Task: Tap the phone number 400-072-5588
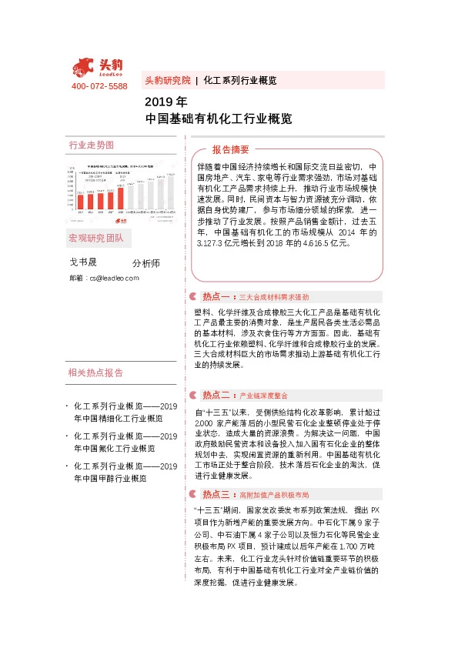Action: pyautogui.click(x=99, y=87)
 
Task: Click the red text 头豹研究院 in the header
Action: pyautogui.click(x=167, y=80)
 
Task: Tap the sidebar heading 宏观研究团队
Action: pyautogui.click(x=96, y=236)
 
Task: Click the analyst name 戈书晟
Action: pyautogui.click(x=84, y=262)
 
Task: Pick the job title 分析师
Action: pyautogui.click(x=145, y=263)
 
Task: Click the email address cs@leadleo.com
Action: pyautogui.click(x=114, y=278)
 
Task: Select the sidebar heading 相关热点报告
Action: pyautogui.click(x=95, y=373)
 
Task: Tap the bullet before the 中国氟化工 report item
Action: pyautogui.click(x=68, y=436)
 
